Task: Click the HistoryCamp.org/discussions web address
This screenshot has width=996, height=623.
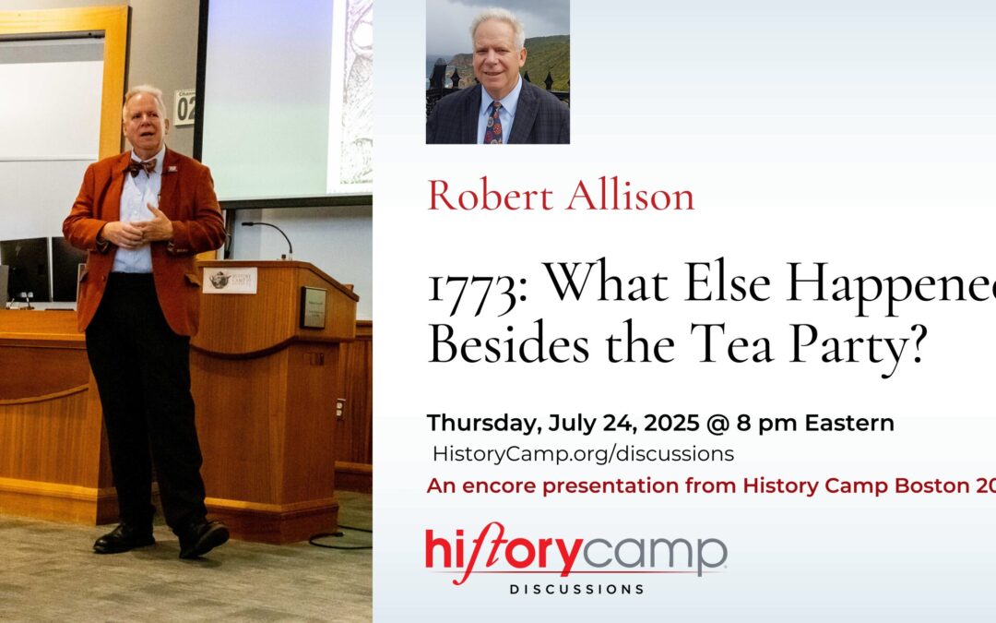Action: pos(584,453)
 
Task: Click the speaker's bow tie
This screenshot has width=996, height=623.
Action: pos(141,167)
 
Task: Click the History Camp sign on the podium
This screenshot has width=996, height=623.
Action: pos(230,280)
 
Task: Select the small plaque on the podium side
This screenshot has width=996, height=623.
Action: pos(314,306)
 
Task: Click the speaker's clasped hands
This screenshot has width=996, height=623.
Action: pos(148,227)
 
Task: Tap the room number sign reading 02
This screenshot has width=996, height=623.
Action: pos(185,108)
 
